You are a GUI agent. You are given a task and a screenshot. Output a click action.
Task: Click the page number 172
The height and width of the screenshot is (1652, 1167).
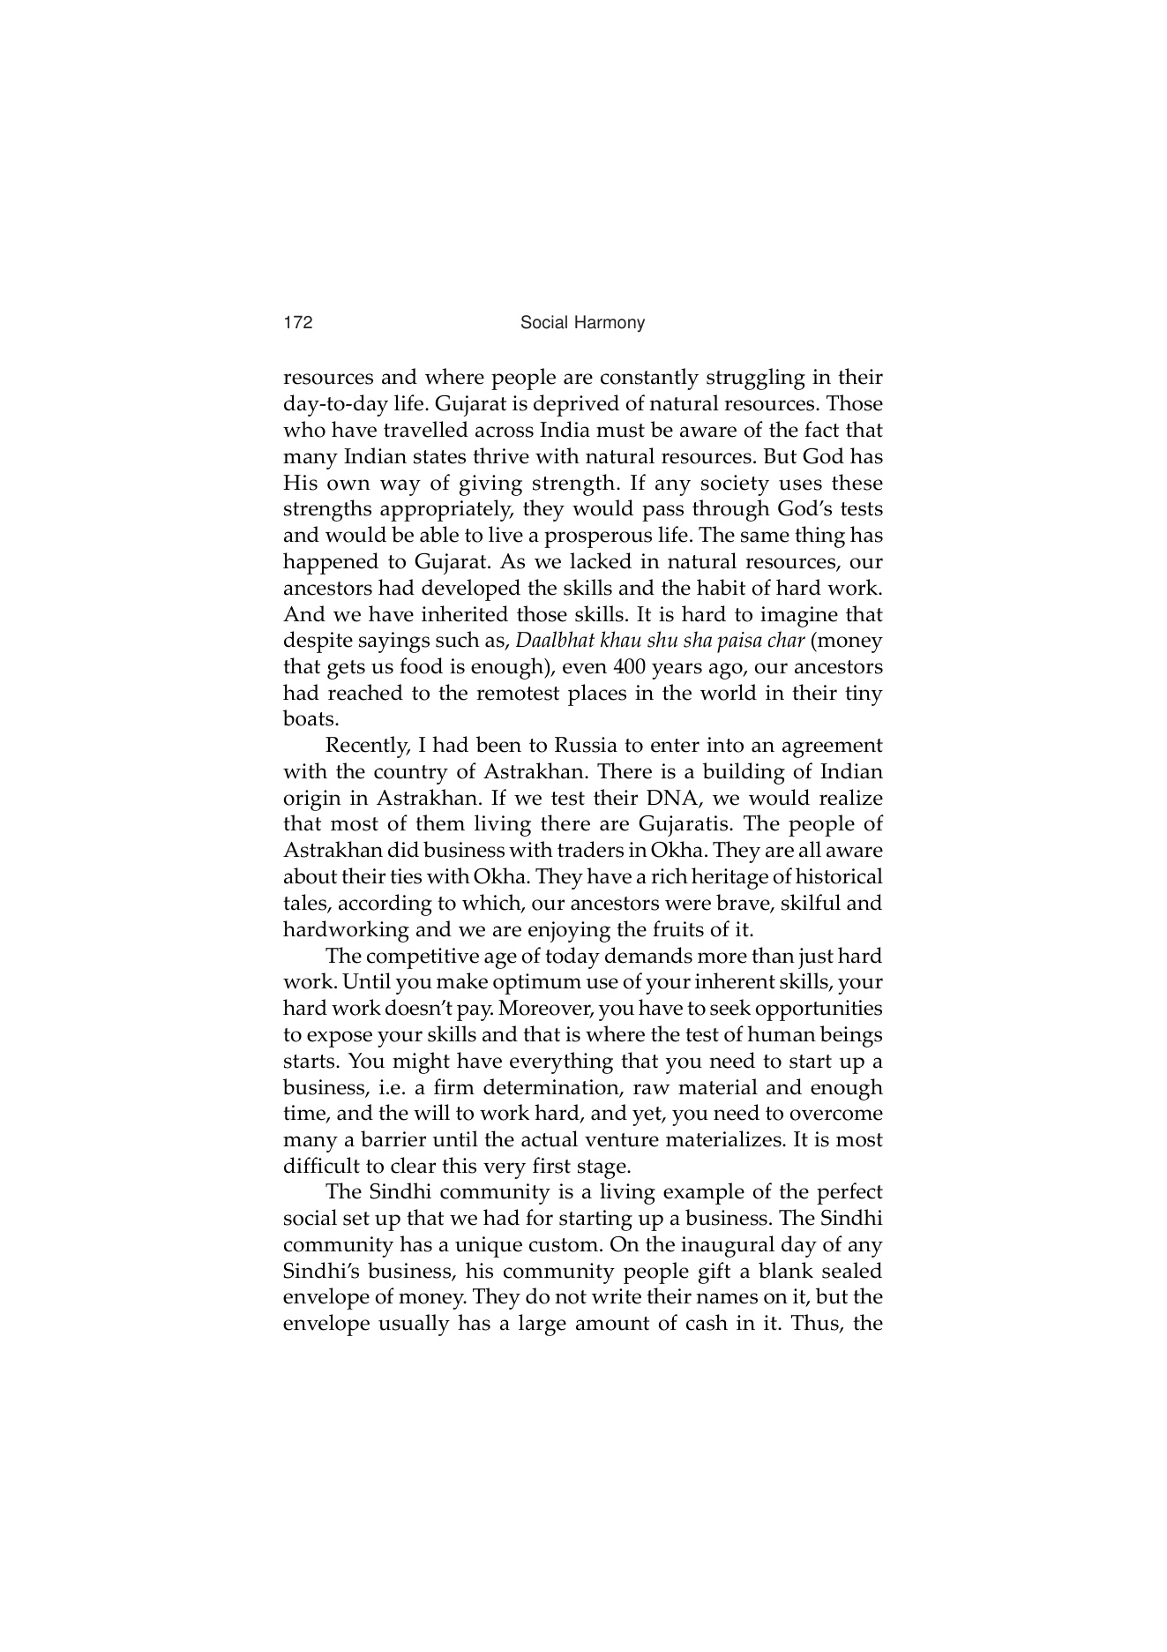click(298, 323)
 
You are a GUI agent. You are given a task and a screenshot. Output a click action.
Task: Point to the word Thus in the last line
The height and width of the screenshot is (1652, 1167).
click(817, 1324)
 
